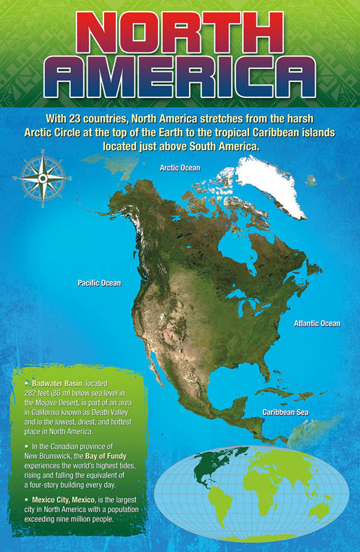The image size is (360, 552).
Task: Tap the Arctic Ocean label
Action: [x=180, y=168]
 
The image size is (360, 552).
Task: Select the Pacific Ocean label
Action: [x=99, y=283]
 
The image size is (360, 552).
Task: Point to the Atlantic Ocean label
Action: [x=317, y=323]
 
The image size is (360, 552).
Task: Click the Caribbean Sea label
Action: [x=284, y=412]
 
